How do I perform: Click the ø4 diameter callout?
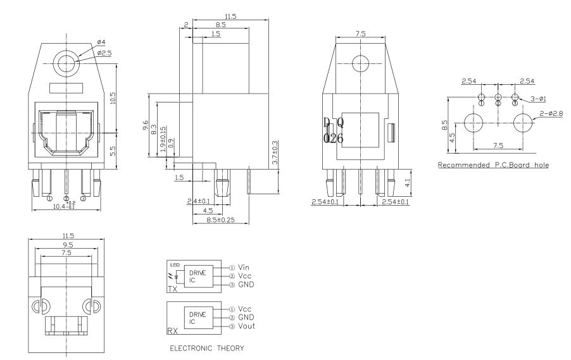(102, 43)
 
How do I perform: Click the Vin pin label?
(245, 267)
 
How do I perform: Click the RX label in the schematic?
(172, 329)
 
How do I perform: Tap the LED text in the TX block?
(172, 263)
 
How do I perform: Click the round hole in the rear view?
(360, 64)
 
